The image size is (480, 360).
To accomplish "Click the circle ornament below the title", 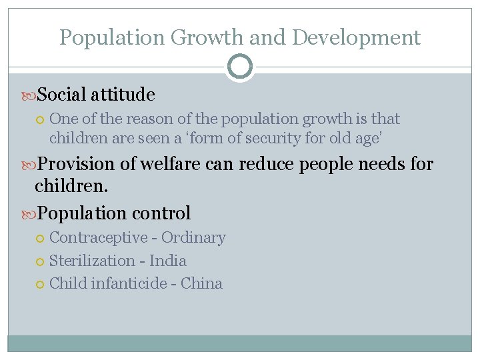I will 240,67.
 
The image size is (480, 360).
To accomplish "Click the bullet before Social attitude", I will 29,95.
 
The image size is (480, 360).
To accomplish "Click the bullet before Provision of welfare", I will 29,164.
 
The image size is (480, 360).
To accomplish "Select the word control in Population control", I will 161,213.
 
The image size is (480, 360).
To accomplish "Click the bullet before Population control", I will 29,214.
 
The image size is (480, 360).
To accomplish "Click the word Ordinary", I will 193,237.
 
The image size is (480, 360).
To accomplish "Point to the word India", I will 168,261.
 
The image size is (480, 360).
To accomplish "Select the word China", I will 201,283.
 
